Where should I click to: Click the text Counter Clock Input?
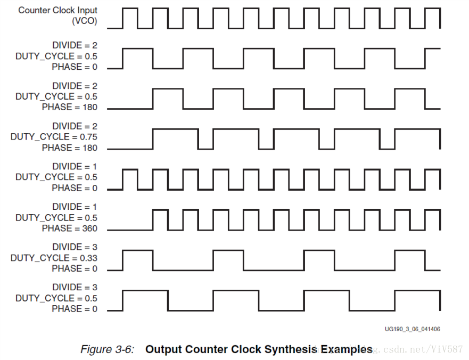(x=58, y=11)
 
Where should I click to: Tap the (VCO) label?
(x=85, y=21)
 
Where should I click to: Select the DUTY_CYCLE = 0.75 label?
(x=54, y=137)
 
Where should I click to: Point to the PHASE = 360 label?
(x=70, y=228)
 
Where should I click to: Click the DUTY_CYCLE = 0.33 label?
(x=54, y=258)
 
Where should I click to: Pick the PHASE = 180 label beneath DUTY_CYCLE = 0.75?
(x=70, y=148)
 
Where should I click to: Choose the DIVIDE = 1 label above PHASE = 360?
(x=75, y=207)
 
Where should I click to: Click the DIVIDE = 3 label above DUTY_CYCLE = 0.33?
(x=75, y=247)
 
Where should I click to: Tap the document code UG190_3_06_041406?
(x=412, y=329)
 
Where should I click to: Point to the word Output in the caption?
(x=163, y=349)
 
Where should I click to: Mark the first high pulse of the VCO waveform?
(x=130, y=10)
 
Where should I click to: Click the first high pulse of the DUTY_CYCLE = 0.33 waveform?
(x=137, y=250)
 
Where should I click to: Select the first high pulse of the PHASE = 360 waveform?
(x=160, y=210)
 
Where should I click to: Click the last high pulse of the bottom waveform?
(x=417, y=291)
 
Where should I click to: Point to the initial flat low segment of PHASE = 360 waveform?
(x=130, y=229)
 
